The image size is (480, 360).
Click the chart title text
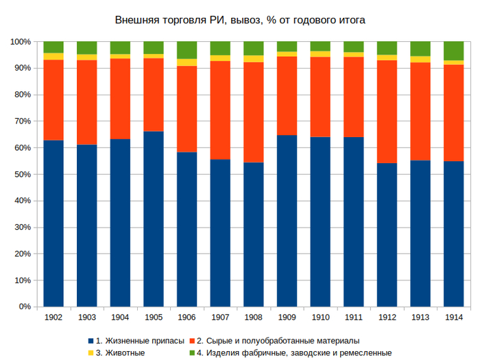[240, 21]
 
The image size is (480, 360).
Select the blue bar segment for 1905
[154, 219]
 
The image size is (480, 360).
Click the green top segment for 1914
[454, 51]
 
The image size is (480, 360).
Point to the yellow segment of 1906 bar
[187, 62]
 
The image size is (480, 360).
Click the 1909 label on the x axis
[287, 317]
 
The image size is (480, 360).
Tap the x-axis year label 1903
[87, 317]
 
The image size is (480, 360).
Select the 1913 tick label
[420, 317]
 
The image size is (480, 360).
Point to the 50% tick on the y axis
[21, 174]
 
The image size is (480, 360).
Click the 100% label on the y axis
[20, 42]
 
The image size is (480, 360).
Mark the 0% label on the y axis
[23, 307]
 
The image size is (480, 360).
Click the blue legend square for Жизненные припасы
[91, 341]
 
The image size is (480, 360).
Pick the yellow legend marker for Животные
[91, 352]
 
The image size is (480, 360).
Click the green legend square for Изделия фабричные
[192, 352]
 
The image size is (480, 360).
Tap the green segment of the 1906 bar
[187, 50]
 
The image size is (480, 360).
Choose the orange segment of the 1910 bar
[320, 97]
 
